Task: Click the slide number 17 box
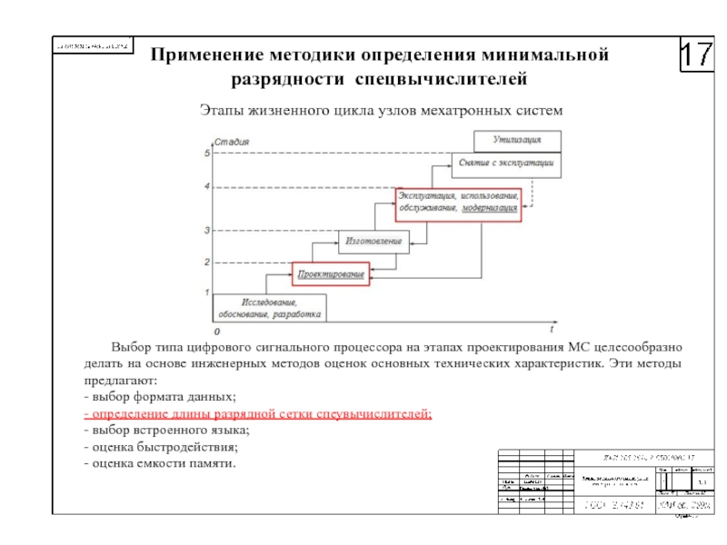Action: pos(698,56)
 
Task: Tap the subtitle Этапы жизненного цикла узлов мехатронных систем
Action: pos(382,110)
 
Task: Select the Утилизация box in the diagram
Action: pos(517,141)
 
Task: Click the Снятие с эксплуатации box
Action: pos(506,163)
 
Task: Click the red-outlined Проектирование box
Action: pos(332,273)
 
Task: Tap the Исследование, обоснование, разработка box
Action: pos(270,308)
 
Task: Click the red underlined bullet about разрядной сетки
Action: pos(257,414)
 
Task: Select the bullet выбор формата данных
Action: pos(160,398)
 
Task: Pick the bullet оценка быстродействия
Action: pos(161,447)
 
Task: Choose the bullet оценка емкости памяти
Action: pos(159,463)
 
